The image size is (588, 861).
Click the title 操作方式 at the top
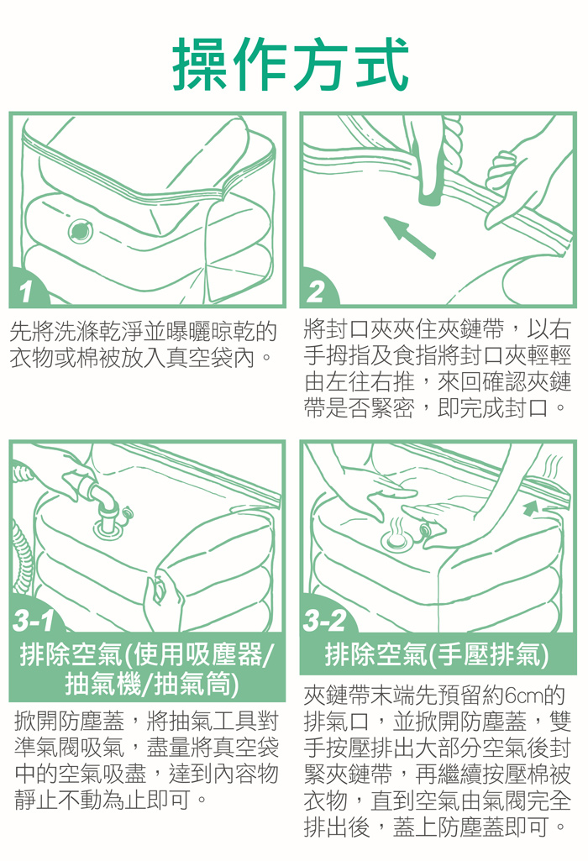(x=291, y=64)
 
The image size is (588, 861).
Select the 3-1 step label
(x=34, y=621)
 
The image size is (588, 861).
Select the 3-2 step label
(x=324, y=621)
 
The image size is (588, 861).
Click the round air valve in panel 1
(x=81, y=231)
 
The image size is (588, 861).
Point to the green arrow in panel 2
(x=409, y=237)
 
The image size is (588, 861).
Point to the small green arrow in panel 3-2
(x=530, y=507)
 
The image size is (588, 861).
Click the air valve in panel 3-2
(x=396, y=540)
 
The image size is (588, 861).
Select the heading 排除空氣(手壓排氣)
(x=437, y=654)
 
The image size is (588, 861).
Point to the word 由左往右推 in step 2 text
(x=359, y=381)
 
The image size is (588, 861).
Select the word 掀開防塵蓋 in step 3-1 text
(x=70, y=721)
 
